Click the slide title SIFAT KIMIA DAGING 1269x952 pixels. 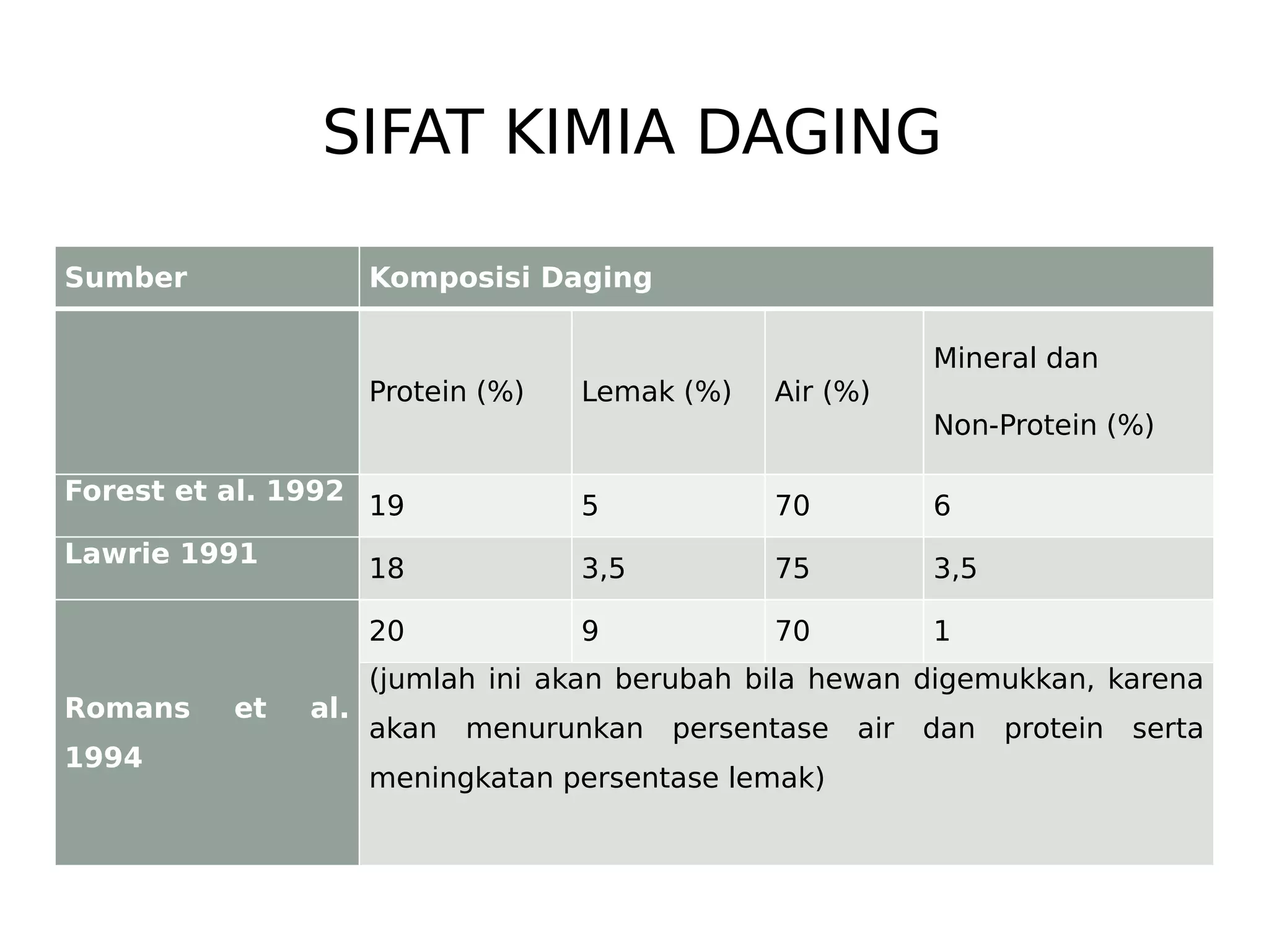coord(631,133)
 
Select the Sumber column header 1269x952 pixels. coord(126,278)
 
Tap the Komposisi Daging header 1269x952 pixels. coord(511,278)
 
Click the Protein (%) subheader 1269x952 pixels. coord(446,392)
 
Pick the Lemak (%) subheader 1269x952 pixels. coord(656,392)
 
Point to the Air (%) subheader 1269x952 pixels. coord(822,392)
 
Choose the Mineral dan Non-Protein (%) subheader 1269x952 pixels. coord(1043,392)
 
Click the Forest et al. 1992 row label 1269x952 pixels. coord(204,491)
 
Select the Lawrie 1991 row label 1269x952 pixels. coord(161,554)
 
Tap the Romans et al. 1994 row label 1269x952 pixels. coord(206,733)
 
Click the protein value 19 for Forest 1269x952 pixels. coord(387,506)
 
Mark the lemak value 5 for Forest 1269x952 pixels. coord(590,506)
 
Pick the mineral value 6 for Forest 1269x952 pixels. coord(942,506)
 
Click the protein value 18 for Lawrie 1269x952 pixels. coord(387,569)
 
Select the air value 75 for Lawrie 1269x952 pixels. coord(793,569)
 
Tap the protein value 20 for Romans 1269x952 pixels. coord(387,632)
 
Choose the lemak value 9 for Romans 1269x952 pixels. coord(590,632)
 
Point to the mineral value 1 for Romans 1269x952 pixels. coord(942,632)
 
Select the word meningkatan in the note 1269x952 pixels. coord(461,779)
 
